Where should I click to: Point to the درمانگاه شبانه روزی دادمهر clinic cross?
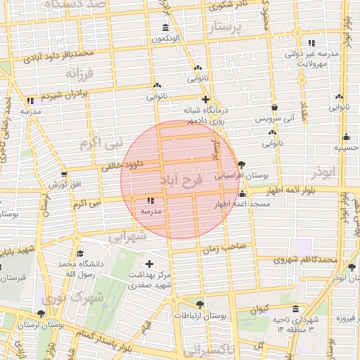tap(205, 99)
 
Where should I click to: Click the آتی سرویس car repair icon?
tap(274, 108)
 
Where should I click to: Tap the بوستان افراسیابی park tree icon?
tap(242, 164)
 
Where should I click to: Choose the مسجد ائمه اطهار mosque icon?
tap(243, 193)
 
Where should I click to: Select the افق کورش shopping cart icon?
tap(64, 174)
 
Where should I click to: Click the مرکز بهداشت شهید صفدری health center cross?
tap(149, 263)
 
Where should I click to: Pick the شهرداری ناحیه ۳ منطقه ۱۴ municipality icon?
tap(295, 309)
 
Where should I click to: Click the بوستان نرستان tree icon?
tap(41, 314)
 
